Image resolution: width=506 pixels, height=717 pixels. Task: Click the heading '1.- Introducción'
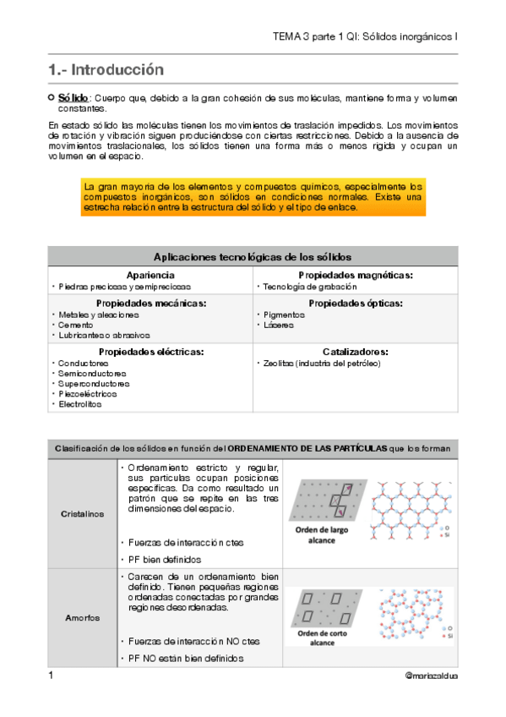pos(106,69)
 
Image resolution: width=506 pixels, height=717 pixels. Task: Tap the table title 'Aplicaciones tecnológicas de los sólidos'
pos(253,257)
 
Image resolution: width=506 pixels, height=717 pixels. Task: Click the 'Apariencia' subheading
pos(150,276)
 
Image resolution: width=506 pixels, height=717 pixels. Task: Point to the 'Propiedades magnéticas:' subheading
pos(356,276)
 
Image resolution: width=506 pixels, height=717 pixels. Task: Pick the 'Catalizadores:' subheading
pos(356,351)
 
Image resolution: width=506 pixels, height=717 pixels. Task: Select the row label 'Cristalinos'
pos(83,514)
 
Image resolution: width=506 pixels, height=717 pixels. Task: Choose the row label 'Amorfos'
pos(83,617)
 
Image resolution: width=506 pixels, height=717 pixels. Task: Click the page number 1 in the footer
pos(51,676)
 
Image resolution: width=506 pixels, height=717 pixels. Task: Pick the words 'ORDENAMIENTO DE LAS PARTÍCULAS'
pos(306,447)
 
